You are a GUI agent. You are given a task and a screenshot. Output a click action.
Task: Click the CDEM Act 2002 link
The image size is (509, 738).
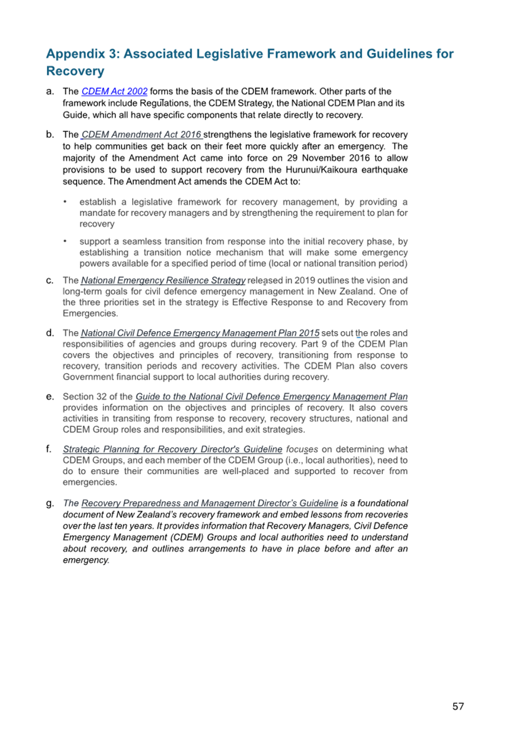(x=114, y=92)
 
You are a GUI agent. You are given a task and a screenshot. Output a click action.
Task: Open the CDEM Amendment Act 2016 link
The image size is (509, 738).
(x=141, y=135)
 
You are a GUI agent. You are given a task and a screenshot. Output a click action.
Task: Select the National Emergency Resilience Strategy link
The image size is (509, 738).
(x=163, y=281)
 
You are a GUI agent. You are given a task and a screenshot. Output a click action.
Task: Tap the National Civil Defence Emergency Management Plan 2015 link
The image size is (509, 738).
(x=200, y=333)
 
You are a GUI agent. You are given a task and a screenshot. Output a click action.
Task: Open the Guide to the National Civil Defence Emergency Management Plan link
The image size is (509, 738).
(x=272, y=397)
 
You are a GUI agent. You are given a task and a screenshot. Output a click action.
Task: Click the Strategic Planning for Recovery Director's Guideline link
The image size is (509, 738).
(x=173, y=450)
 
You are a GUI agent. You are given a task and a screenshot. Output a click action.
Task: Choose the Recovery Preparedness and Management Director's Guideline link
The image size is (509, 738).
(x=209, y=504)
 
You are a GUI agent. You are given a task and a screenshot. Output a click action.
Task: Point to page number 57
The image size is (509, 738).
(x=458, y=706)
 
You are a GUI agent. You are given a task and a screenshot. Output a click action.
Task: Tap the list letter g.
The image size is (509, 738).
(x=49, y=503)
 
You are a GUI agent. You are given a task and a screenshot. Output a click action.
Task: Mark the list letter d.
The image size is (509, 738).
(x=49, y=333)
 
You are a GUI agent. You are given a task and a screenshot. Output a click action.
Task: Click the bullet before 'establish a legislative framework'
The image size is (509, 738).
(x=65, y=202)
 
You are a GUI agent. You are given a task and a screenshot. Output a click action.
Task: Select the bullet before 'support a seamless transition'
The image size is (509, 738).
(x=65, y=241)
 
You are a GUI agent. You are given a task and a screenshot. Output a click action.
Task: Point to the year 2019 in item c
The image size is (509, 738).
(x=305, y=281)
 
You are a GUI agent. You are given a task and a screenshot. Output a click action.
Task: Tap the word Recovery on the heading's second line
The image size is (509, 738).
(x=75, y=72)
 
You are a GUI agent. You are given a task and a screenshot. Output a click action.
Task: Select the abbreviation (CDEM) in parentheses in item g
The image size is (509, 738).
(x=186, y=537)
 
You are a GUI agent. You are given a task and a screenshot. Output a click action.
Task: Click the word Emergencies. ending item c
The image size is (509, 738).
(x=91, y=314)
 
